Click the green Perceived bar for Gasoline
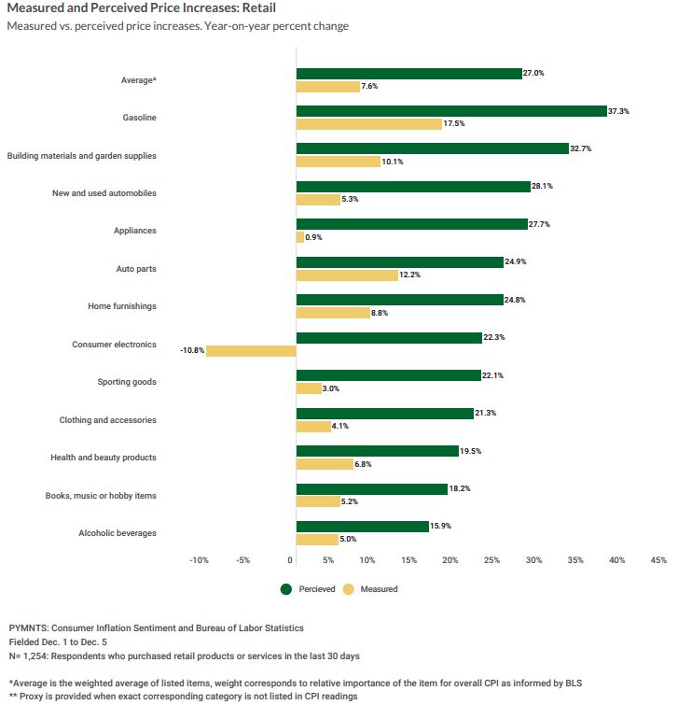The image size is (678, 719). point(451,111)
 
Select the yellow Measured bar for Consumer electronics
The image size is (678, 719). point(251,351)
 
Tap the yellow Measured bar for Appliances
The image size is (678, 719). point(300,237)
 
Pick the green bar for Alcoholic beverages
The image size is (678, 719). point(363,527)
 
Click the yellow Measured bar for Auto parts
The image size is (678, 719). point(347,275)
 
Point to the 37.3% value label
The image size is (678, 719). point(618,111)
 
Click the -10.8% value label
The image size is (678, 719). point(192,350)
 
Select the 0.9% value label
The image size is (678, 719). point(313,237)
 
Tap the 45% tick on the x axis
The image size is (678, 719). point(658,560)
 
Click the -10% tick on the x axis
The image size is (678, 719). point(199,560)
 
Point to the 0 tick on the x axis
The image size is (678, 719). point(289,560)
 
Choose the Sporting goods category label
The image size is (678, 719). point(127,382)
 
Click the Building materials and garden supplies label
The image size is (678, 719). point(81,156)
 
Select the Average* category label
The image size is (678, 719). point(139,80)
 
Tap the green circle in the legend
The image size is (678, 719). point(286,589)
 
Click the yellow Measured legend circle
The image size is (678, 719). point(349,589)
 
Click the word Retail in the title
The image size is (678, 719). point(259,8)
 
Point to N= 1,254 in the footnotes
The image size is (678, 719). point(28,656)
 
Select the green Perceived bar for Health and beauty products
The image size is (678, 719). point(378,451)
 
